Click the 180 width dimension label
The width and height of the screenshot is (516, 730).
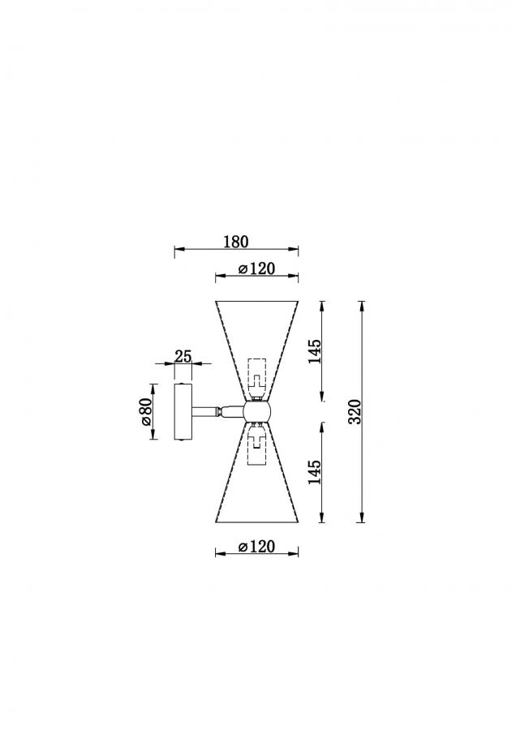(236, 242)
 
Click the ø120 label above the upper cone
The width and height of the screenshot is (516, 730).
(256, 268)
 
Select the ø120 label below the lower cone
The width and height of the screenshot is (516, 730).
(256, 546)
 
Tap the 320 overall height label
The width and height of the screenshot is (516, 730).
(355, 411)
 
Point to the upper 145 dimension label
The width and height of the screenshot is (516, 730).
(315, 351)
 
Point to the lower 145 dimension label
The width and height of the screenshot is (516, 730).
(315, 471)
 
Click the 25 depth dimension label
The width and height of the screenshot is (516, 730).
(183, 356)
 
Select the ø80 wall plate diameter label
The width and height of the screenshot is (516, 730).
(145, 411)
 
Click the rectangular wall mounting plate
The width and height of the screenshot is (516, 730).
(183, 411)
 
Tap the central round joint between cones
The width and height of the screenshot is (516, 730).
(256, 411)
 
